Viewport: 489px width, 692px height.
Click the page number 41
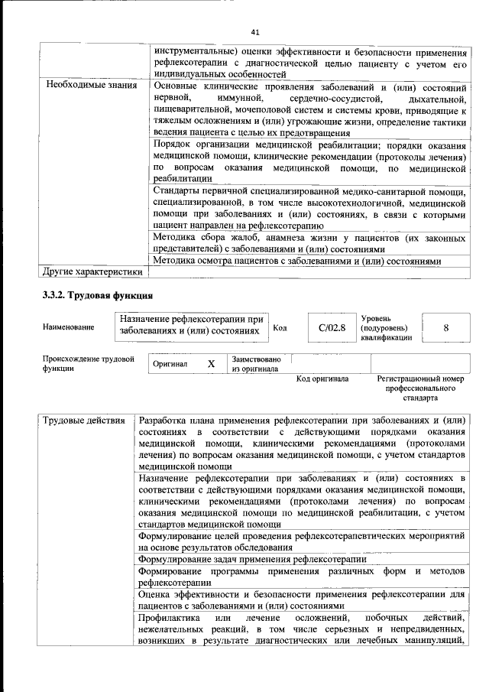point(255,31)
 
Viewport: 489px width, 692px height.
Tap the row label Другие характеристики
point(92,271)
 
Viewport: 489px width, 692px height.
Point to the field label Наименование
point(70,327)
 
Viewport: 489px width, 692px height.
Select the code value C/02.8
point(332,327)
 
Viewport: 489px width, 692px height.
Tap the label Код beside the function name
point(280,328)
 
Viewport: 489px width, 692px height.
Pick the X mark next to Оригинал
point(211,364)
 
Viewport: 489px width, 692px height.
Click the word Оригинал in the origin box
point(170,364)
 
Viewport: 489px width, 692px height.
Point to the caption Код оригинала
point(322,378)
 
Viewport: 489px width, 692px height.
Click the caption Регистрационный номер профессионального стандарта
point(421,388)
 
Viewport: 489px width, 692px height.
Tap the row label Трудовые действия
point(84,421)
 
